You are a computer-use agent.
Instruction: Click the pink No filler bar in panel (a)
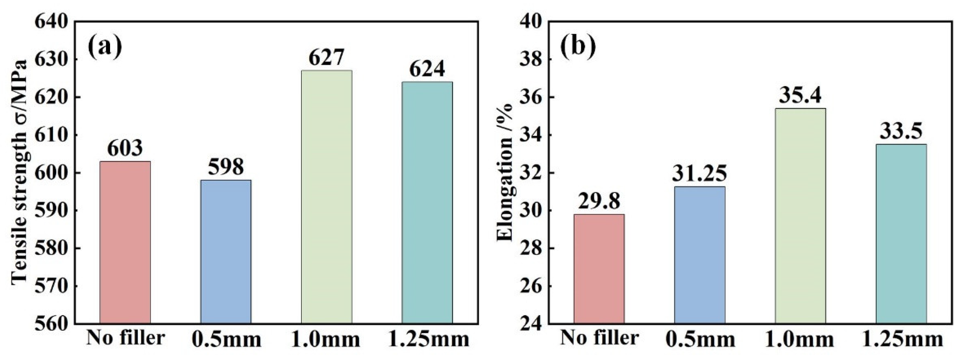[x=125, y=242]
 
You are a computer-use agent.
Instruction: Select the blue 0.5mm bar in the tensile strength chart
[x=226, y=252]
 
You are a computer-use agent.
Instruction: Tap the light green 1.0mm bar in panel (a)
[x=326, y=197]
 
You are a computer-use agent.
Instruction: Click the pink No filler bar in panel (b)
[x=599, y=269]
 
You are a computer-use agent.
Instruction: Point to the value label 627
[x=326, y=58]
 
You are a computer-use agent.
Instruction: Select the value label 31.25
[x=699, y=173]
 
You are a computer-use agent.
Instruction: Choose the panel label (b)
[x=578, y=48]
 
